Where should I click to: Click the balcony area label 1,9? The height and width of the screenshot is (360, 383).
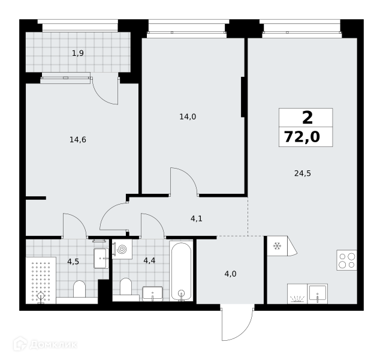(78, 53)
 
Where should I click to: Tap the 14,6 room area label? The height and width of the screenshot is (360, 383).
(78, 140)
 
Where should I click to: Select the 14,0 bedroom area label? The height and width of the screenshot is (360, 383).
(188, 117)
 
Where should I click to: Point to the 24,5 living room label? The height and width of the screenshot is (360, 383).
(303, 173)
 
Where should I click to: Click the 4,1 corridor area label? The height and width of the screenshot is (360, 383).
(197, 218)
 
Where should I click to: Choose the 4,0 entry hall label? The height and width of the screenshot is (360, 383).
(230, 274)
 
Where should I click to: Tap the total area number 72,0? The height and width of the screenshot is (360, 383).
(302, 137)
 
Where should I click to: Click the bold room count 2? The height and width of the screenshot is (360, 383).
(307, 118)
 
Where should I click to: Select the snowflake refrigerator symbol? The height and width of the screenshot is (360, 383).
(277, 246)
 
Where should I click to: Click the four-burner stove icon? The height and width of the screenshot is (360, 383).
(346, 260)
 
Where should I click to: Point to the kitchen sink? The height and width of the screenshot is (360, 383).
(317, 293)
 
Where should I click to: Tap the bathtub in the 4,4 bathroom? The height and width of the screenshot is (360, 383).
(181, 271)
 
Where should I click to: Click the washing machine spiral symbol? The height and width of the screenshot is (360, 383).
(122, 249)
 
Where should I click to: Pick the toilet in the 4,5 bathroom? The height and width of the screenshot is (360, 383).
(79, 289)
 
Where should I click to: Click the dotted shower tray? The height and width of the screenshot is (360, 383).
(41, 280)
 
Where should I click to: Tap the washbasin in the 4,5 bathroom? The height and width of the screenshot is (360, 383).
(101, 258)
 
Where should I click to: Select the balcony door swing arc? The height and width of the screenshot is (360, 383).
(105, 91)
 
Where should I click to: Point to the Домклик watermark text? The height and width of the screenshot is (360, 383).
(53, 344)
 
